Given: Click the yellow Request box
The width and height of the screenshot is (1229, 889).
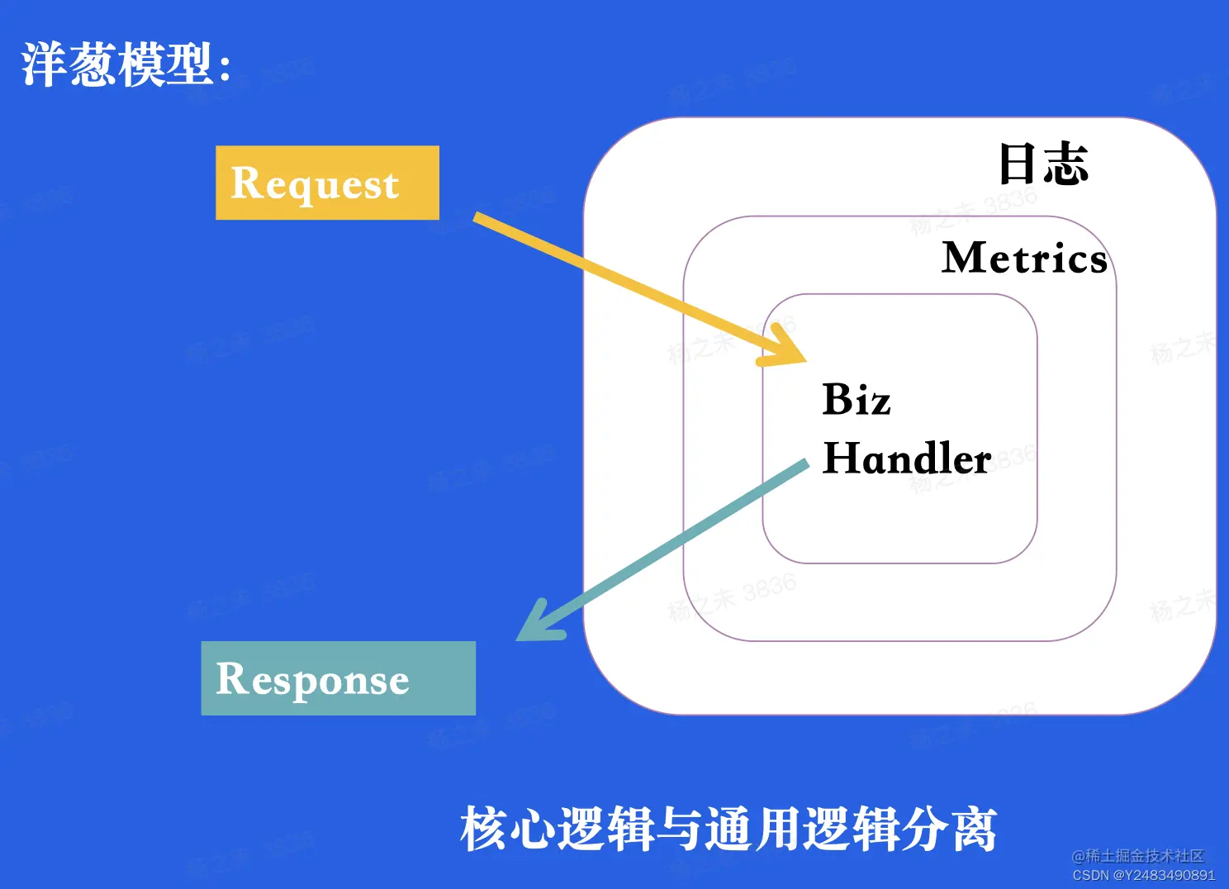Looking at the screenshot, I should (x=327, y=183).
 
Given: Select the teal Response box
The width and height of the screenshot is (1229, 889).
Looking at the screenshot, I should (x=338, y=678).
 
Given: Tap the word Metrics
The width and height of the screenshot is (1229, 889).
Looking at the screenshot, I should (x=1024, y=258).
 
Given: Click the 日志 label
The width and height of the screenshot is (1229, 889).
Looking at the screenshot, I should (x=1043, y=164).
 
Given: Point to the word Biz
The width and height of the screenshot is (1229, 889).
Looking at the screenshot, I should (x=857, y=400).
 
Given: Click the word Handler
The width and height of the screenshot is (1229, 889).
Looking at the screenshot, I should (x=907, y=459).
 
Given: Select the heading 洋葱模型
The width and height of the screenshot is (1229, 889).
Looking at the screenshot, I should (x=116, y=64).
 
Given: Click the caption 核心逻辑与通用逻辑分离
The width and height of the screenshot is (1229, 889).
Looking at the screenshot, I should (x=728, y=829).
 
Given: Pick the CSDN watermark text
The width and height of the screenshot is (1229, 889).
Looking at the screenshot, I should (x=1144, y=875).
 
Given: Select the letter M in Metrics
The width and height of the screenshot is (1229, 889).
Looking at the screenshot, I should (x=966, y=258).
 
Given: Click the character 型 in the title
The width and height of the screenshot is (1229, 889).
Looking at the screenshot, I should (x=189, y=64).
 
